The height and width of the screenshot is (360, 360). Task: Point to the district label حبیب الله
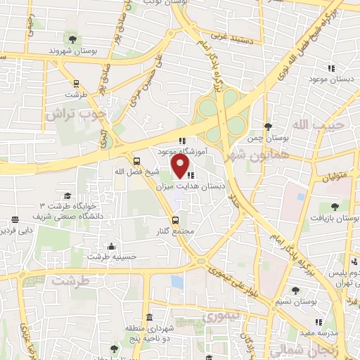(x=310, y=125)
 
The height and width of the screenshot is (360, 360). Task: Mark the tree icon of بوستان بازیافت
(x=334, y=207)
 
